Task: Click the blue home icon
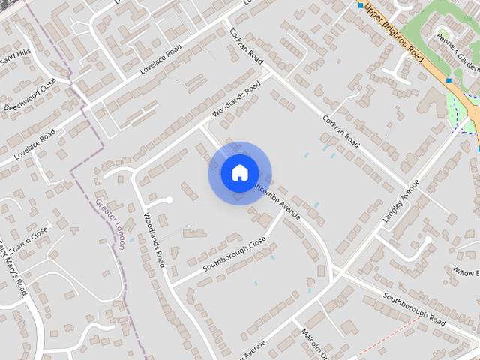pos(239,172)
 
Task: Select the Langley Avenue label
pos(399,204)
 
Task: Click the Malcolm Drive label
pos(316,341)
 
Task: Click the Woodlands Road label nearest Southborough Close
pos(154,240)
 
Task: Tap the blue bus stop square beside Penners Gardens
pos(449,79)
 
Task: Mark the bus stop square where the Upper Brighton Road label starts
pos(361,6)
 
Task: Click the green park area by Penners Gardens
pos(431,30)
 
